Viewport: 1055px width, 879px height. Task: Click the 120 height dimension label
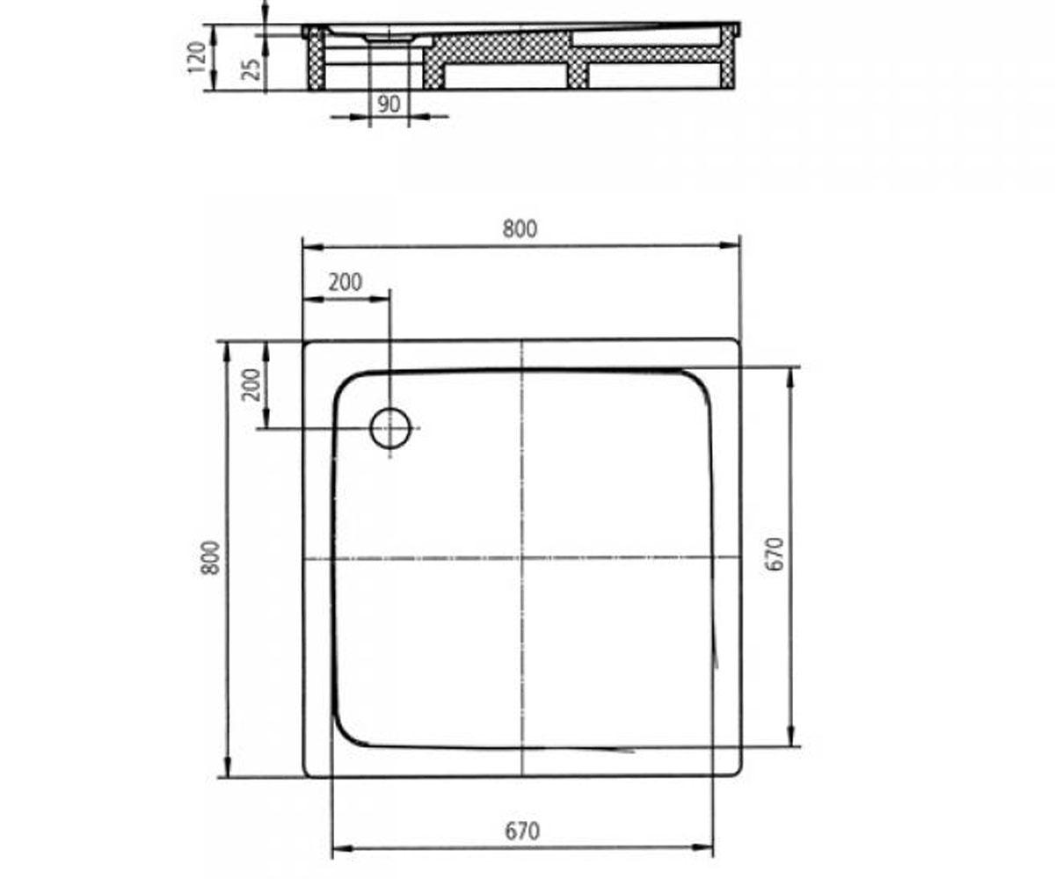(197, 56)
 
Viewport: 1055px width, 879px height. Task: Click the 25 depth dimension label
(251, 69)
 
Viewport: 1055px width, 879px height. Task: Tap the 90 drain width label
(389, 105)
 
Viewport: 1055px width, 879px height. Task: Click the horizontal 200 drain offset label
(346, 282)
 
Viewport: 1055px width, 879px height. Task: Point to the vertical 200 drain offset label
(251, 385)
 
